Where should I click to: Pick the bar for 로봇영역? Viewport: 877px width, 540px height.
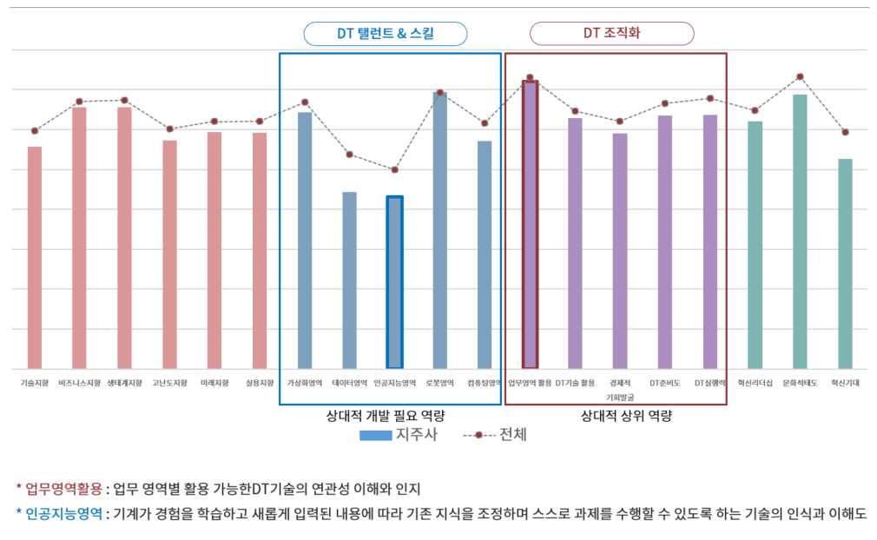[x=439, y=230]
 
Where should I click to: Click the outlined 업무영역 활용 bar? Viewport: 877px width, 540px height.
[x=530, y=225]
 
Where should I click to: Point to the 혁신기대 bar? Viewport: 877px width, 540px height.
[x=845, y=264]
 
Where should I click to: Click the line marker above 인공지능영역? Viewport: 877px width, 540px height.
[x=394, y=169]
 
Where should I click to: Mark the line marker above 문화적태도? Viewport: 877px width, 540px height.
[x=800, y=77]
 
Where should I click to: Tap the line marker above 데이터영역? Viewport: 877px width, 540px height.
[x=349, y=155]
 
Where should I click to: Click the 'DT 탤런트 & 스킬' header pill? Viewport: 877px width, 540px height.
[x=386, y=34]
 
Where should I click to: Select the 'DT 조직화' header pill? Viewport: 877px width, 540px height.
[x=611, y=34]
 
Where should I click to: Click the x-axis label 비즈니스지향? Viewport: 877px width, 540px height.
[x=80, y=383]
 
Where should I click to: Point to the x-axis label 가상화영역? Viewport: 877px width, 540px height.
[x=305, y=383]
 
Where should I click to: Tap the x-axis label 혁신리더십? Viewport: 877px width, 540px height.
[x=755, y=383]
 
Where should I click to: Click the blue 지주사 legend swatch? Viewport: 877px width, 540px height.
[x=375, y=435]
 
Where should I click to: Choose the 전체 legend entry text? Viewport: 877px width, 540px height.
[x=512, y=435]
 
